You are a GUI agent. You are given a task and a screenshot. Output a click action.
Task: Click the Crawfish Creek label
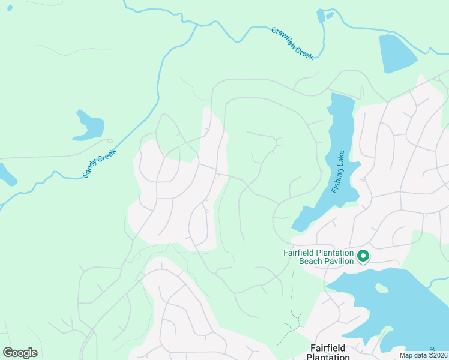click(x=292, y=43)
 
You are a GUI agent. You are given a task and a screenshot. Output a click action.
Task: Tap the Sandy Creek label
click(x=98, y=163)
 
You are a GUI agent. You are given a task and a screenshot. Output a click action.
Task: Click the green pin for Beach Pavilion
click(x=363, y=256)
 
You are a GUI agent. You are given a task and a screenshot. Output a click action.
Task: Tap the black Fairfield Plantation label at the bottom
click(x=328, y=352)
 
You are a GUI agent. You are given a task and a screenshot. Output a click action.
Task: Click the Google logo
click(x=20, y=353)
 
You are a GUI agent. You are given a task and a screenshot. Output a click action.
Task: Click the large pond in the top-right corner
click(x=396, y=53)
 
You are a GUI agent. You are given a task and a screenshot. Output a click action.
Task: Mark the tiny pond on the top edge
click(x=321, y=17)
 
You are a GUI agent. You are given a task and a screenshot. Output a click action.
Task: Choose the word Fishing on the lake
click(x=337, y=181)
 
